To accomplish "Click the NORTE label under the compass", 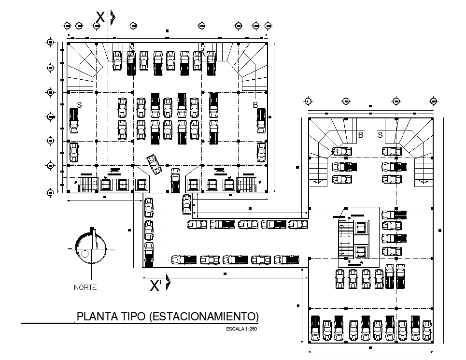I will click(85, 288).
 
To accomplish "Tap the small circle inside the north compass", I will click(85, 254).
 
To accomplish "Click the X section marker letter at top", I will click(100, 17).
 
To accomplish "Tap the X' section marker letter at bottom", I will click(156, 286).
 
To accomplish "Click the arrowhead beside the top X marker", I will click(113, 17).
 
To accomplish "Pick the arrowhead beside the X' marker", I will click(168, 283).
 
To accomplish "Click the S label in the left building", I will click(80, 105).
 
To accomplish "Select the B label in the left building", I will click(256, 105).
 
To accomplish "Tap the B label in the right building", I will click(360, 135).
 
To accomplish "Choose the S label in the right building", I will click(380, 135).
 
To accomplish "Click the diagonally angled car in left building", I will click(154, 164).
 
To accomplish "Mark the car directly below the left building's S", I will click(73, 121).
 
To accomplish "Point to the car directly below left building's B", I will click(261, 121).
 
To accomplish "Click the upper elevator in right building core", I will click(360, 228).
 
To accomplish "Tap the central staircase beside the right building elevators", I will click(346, 240).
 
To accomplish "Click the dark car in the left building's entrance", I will click(175, 180).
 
